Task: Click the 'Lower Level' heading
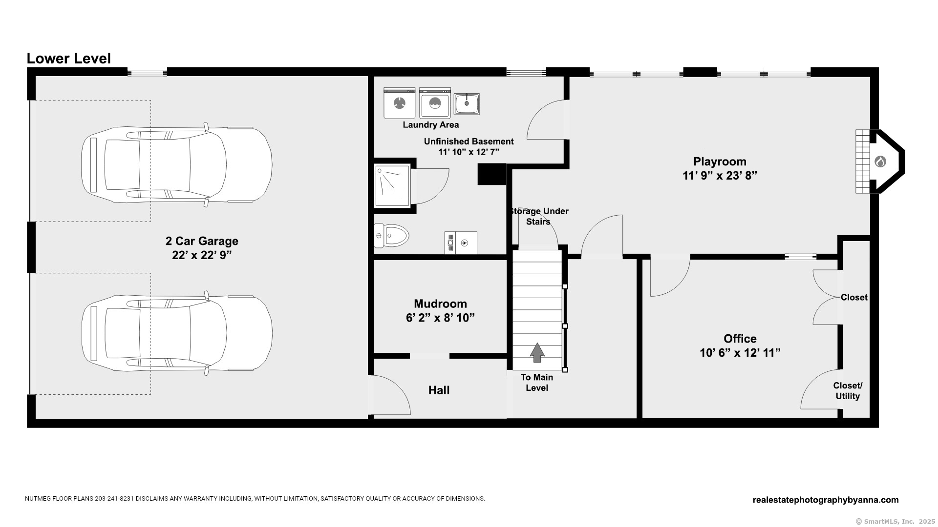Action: point(68,59)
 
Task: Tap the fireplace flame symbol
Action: point(880,161)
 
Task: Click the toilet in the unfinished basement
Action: point(391,236)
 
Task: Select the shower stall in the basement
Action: point(392,185)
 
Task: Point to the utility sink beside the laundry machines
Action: point(467,104)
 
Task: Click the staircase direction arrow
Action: point(537,352)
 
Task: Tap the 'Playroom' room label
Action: point(720,162)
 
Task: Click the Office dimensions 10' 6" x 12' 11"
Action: point(740,353)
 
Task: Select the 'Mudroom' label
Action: point(440,304)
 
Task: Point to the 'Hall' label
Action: point(439,390)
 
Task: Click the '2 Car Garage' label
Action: point(202,241)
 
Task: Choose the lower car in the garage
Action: point(177,333)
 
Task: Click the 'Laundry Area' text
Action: point(430,125)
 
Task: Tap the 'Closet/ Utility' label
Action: point(848,391)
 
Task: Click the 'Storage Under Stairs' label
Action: point(538,216)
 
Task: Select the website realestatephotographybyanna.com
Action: point(826,500)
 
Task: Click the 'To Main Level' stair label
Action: point(537,383)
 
